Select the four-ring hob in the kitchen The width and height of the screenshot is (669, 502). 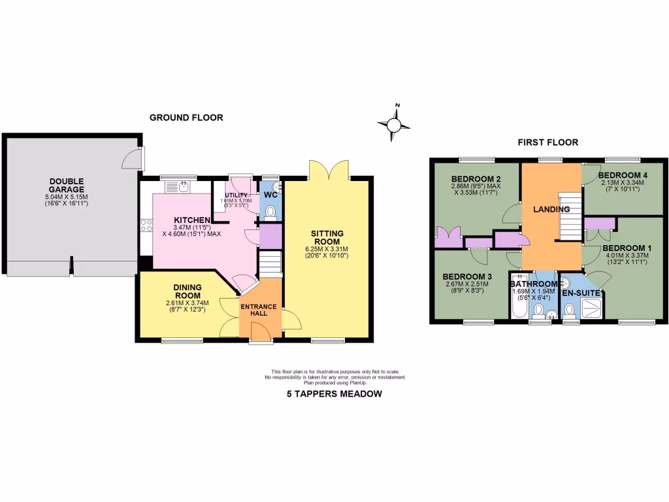pyautogui.click(x=145, y=226)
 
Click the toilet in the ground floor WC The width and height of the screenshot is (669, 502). pyautogui.click(x=270, y=210)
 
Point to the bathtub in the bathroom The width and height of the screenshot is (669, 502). pyautogui.click(x=519, y=302)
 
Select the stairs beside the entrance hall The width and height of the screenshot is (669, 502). pyautogui.click(x=269, y=264)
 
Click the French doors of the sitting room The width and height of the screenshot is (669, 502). pyautogui.click(x=329, y=171)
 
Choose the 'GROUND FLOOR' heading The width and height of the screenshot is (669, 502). pyautogui.click(x=186, y=118)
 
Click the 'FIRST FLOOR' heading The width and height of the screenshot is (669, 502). pyautogui.click(x=547, y=142)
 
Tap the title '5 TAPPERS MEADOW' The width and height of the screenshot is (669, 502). pyautogui.click(x=334, y=393)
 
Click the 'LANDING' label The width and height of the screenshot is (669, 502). pyautogui.click(x=551, y=209)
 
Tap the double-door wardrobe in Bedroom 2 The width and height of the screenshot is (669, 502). pyautogui.click(x=450, y=236)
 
